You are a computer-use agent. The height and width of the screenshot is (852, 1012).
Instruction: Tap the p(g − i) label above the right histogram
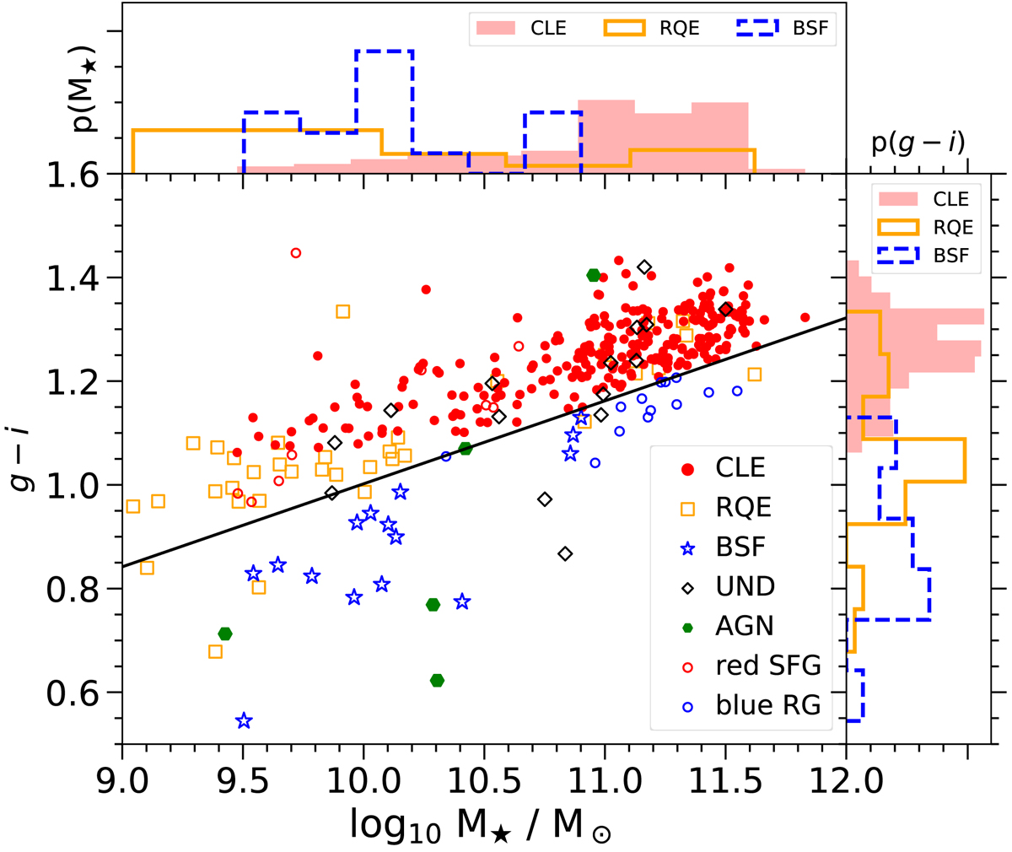(x=918, y=143)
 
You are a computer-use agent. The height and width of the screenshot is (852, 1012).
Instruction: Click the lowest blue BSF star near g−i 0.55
(x=244, y=721)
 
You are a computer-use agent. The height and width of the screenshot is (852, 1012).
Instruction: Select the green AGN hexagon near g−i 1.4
(x=594, y=275)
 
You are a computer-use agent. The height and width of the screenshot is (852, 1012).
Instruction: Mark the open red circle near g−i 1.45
(x=295, y=252)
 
